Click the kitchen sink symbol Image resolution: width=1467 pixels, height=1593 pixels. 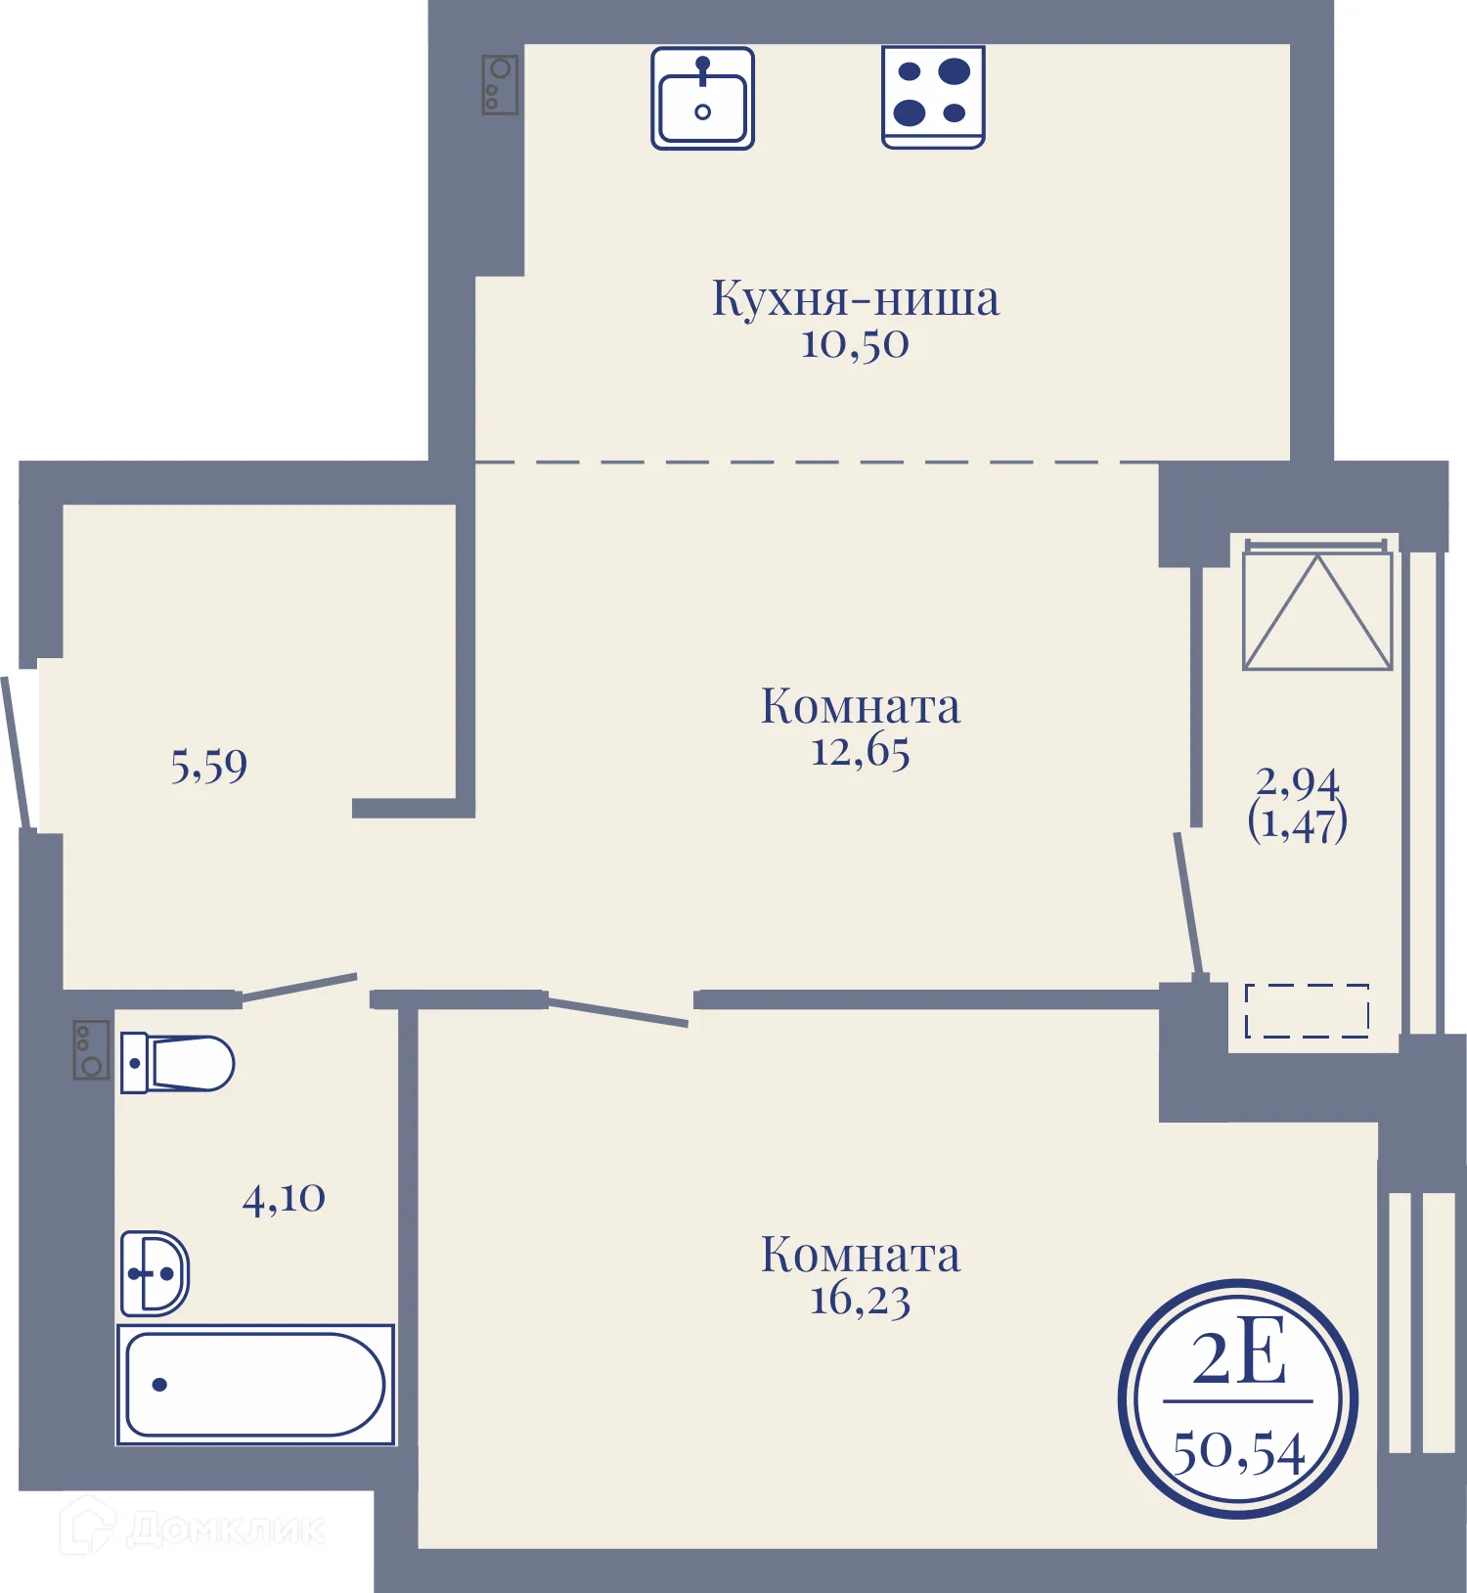click(702, 98)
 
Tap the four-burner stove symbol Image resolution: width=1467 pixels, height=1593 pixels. click(933, 97)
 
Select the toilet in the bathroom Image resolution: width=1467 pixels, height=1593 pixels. click(177, 1063)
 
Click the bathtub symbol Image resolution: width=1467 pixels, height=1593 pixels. click(255, 1385)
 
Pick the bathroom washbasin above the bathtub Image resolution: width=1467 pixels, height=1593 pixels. click(155, 1273)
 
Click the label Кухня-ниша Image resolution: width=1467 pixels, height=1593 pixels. click(856, 298)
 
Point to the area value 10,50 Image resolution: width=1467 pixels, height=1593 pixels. click(855, 344)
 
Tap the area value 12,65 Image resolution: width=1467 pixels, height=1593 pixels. click(861, 751)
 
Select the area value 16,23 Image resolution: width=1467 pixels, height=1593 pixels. click(861, 1301)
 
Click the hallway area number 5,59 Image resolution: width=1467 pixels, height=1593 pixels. click(208, 766)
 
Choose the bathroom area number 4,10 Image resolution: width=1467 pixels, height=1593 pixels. click(284, 1198)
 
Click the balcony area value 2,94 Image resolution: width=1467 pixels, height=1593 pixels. click(1298, 782)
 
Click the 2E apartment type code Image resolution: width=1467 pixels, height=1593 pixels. click(1239, 1357)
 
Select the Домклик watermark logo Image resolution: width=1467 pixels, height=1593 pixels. click(193, 1527)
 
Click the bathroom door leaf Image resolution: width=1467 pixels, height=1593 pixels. click(298, 987)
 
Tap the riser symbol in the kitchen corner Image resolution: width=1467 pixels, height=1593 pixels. click(500, 84)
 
